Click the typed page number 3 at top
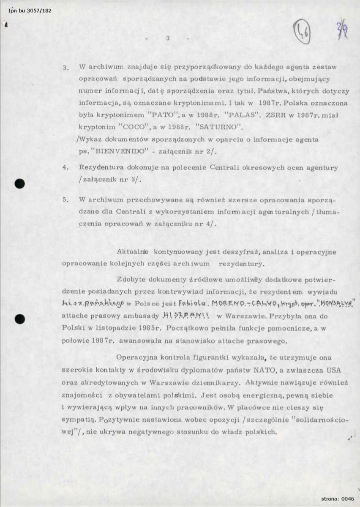click(168, 38)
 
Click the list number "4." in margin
click(66, 167)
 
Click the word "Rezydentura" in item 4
click(100, 167)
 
